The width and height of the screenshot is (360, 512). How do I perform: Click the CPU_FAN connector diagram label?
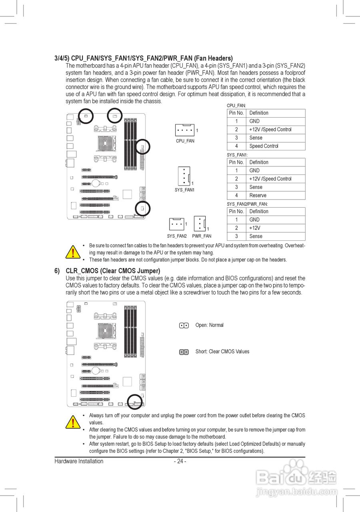pyautogui.click(x=185, y=141)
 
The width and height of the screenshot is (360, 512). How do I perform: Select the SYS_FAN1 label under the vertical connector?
pyautogui.click(x=184, y=190)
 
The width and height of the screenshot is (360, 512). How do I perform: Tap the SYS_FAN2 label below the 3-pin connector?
pyautogui.click(x=177, y=236)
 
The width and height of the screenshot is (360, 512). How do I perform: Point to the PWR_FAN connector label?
pyautogui.click(x=202, y=236)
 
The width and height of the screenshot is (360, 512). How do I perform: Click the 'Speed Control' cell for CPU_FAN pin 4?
pyautogui.click(x=264, y=146)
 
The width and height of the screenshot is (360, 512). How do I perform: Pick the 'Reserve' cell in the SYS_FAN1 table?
pyautogui.click(x=258, y=195)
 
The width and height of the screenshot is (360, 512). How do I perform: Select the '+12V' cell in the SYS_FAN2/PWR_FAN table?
pyautogui.click(x=255, y=228)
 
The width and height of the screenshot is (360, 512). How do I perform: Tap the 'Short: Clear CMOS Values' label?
pyautogui.click(x=222, y=352)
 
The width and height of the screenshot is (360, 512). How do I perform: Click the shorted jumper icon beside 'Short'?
pyautogui.click(x=184, y=352)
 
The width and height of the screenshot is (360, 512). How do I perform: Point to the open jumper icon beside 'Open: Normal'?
pyautogui.click(x=184, y=326)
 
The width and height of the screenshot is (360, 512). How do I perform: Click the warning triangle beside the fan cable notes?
pyautogui.click(x=73, y=252)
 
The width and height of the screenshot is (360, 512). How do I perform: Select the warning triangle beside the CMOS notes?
pyautogui.click(x=73, y=422)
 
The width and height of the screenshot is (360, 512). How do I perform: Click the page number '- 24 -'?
pyautogui.click(x=180, y=461)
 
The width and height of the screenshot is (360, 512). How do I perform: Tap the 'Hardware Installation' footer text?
pyautogui.click(x=79, y=461)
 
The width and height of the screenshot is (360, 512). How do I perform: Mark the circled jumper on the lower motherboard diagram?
pyautogui.click(x=135, y=401)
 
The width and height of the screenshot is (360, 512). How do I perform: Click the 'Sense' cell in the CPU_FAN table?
pyautogui.click(x=256, y=138)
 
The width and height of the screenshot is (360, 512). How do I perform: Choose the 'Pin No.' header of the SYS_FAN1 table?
pyautogui.click(x=236, y=162)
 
